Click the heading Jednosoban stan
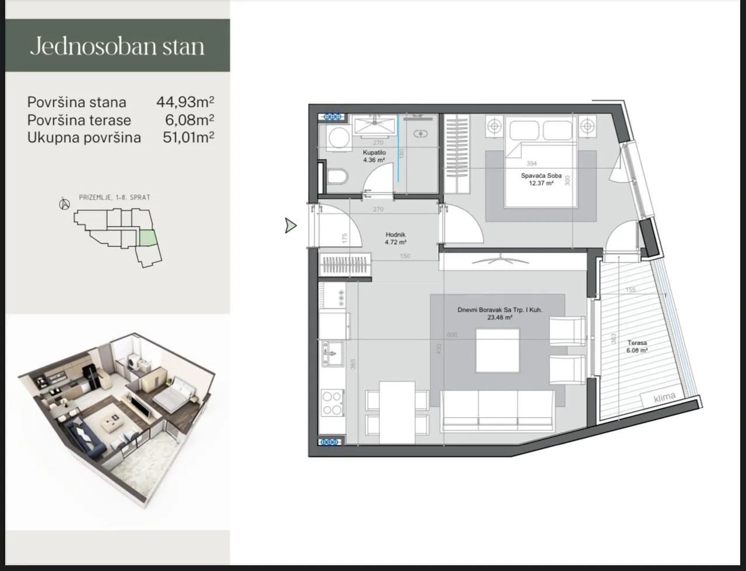[x=117, y=46]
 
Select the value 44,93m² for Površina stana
[x=185, y=102]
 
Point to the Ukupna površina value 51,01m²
[x=188, y=138]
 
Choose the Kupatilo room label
[x=374, y=153]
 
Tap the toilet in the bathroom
[x=337, y=177]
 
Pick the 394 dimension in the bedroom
[x=531, y=164]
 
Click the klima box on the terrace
[x=664, y=397]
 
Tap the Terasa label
[x=637, y=343]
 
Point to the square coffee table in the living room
[x=497, y=350]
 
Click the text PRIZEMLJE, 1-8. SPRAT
[x=114, y=198]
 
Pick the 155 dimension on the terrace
[x=631, y=290]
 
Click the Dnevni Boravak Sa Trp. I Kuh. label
[x=499, y=311]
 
